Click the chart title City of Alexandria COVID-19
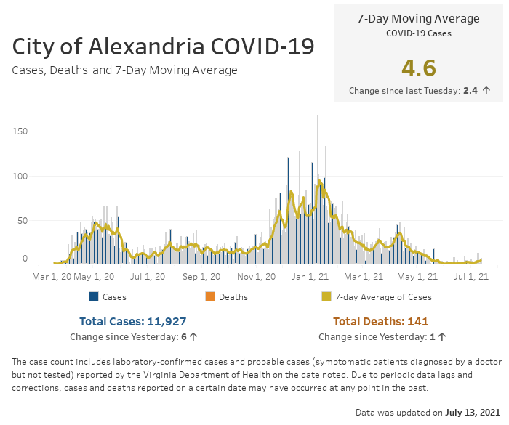(163, 46)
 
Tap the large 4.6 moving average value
(418, 68)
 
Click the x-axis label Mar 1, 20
(52, 277)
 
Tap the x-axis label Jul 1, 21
(471, 277)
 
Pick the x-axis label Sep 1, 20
(201, 277)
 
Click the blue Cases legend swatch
(94, 296)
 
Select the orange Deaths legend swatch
(210, 296)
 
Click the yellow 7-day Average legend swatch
(326, 296)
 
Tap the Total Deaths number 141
(417, 321)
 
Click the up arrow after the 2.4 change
(486, 91)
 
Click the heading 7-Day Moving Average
(418, 19)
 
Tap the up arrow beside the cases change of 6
(194, 337)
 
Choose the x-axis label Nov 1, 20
(256, 277)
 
